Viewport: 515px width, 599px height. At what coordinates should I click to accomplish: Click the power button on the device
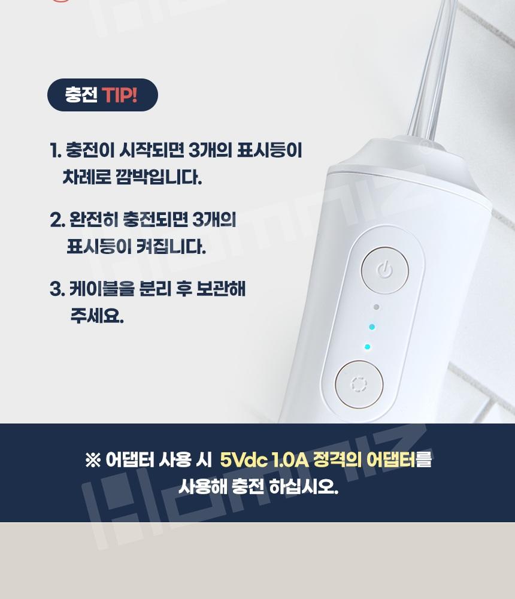tap(384, 271)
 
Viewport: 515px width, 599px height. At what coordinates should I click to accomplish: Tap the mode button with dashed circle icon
tap(359, 384)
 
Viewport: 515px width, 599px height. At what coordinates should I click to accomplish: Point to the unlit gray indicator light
tap(376, 307)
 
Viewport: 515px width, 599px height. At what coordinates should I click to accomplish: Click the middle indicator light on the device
tap(372, 327)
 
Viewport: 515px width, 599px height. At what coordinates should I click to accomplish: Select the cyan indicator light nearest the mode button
tap(368, 347)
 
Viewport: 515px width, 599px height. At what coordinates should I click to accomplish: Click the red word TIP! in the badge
tap(120, 95)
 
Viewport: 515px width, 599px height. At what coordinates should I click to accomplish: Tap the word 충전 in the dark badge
tap(81, 95)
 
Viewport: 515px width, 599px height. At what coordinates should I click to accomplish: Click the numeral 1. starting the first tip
tap(56, 150)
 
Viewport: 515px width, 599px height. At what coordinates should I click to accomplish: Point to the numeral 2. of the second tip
tap(57, 220)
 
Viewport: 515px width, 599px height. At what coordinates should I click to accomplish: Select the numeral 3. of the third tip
tap(57, 289)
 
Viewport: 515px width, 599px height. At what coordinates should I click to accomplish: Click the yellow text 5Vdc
tap(244, 459)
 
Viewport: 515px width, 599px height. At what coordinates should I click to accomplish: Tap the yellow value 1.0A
tap(290, 460)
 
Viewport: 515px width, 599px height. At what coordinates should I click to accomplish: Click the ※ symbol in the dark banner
tap(93, 460)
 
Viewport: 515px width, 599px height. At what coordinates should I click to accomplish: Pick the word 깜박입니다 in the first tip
tap(158, 178)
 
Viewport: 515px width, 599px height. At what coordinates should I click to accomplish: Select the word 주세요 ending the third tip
tap(97, 316)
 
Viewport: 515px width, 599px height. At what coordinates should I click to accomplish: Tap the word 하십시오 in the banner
tap(304, 486)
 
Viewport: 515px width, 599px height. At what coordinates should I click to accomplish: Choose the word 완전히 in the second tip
tap(94, 220)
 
